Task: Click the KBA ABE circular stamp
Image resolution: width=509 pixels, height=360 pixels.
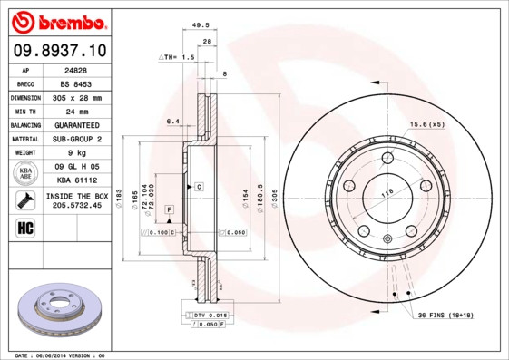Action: pyautogui.click(x=25, y=172)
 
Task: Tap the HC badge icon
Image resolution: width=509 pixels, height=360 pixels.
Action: pyautogui.click(x=24, y=227)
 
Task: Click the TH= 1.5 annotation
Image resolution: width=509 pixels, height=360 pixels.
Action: pyautogui.click(x=179, y=57)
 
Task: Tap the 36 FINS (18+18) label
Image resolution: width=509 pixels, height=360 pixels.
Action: pyautogui.click(x=446, y=315)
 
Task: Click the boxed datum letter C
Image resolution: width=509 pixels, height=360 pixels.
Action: pyautogui.click(x=198, y=186)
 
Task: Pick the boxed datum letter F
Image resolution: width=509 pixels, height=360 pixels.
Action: pyautogui.click(x=169, y=209)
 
